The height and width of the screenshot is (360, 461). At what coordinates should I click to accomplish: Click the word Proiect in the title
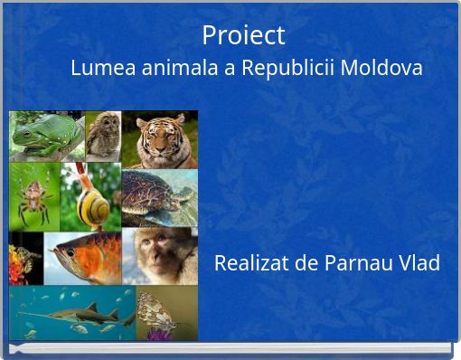243,35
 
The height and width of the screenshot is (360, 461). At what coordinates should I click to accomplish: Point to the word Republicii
284,68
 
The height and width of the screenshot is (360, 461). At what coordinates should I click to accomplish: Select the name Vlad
418,263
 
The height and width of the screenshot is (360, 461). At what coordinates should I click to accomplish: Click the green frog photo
45,136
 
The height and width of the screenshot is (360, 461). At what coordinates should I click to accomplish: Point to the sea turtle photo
158,194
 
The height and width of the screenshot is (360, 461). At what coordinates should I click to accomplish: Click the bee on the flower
25,258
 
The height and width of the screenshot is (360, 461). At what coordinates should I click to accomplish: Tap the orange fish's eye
70,252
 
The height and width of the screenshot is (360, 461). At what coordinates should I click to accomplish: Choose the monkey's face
161,252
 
